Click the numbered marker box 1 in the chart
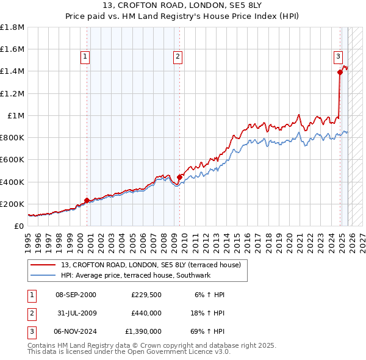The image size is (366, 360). pyautogui.click(x=85, y=57)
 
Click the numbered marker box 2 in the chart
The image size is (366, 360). pyautogui.click(x=178, y=57)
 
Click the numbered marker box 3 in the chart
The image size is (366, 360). pyautogui.click(x=337, y=57)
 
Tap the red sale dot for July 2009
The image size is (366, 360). pyautogui.click(x=180, y=178)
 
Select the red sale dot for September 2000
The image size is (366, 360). pyautogui.click(x=87, y=200)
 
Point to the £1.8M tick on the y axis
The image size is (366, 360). pyautogui.click(x=12, y=27)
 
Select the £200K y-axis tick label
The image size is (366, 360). pyautogui.click(x=12, y=204)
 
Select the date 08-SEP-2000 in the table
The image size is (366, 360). pyautogui.click(x=76, y=295)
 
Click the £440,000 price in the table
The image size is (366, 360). pyautogui.click(x=146, y=313)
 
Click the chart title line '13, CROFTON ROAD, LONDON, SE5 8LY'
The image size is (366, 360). pyautogui.click(x=183, y=7)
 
